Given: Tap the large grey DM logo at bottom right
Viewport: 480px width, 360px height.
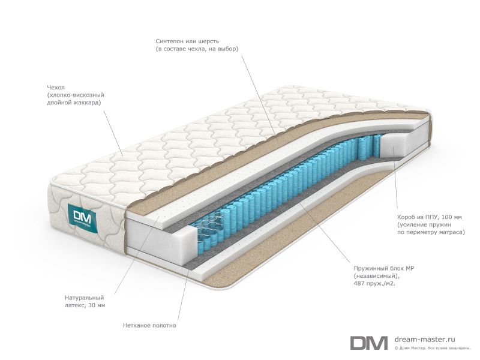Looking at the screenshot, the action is pyautogui.click(x=368, y=343).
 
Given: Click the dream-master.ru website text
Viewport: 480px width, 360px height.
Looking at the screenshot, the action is pyautogui.click(x=425, y=339).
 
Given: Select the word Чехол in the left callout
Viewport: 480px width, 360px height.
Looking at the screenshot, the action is pyautogui.click(x=56, y=88).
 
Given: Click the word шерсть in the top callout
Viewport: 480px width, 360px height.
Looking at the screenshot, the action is pyautogui.click(x=208, y=41).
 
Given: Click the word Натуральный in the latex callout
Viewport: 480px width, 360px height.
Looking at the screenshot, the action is pyautogui.click(x=85, y=298).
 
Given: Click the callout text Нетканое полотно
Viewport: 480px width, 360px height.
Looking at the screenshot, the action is pyautogui.click(x=149, y=325).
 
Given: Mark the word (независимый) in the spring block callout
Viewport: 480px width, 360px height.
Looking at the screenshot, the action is pyautogui.click(x=377, y=276).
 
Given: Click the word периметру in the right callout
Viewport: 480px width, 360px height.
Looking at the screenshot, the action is pyautogui.click(x=426, y=232).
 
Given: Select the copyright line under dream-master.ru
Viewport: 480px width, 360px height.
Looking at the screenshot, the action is pyautogui.click(x=432, y=348).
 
